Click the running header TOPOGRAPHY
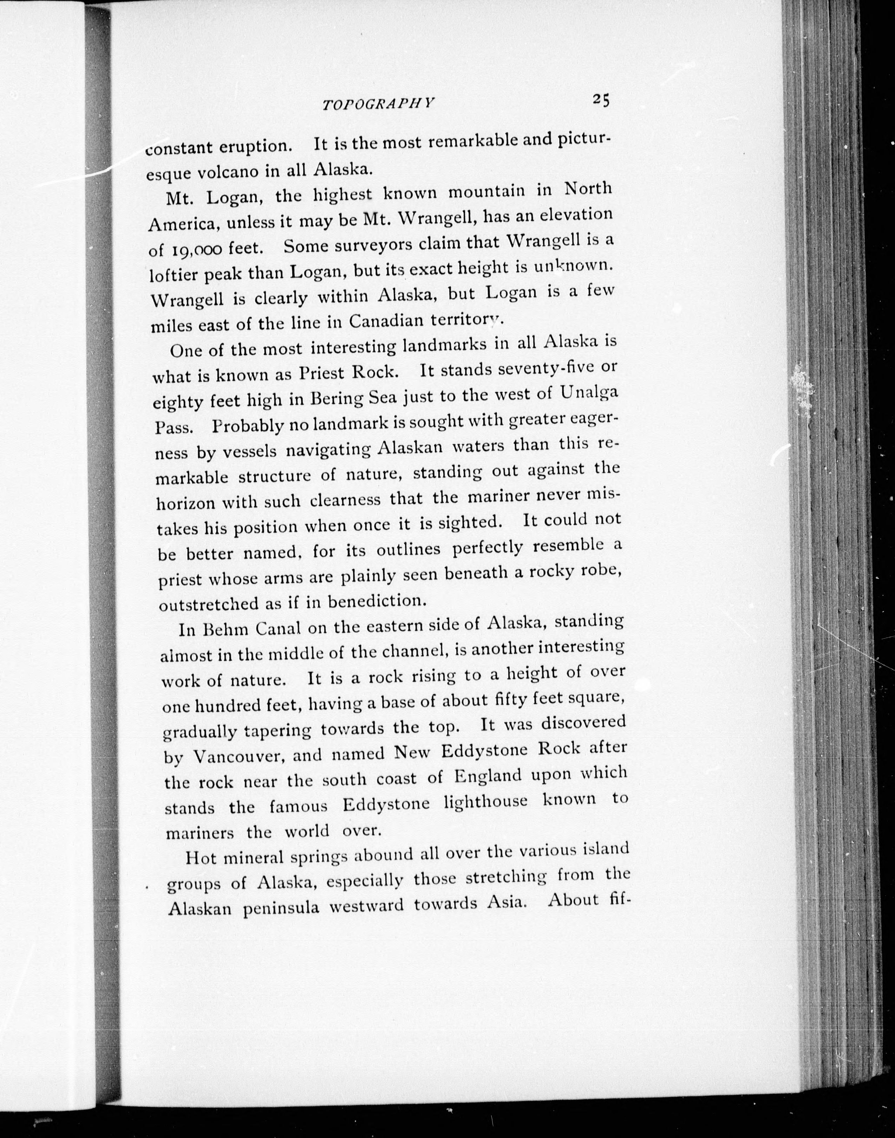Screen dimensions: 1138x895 click(x=378, y=104)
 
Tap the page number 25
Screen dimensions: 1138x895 click(x=601, y=99)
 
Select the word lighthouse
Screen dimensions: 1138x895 click(x=485, y=802)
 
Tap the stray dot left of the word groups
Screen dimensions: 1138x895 click(x=148, y=887)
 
